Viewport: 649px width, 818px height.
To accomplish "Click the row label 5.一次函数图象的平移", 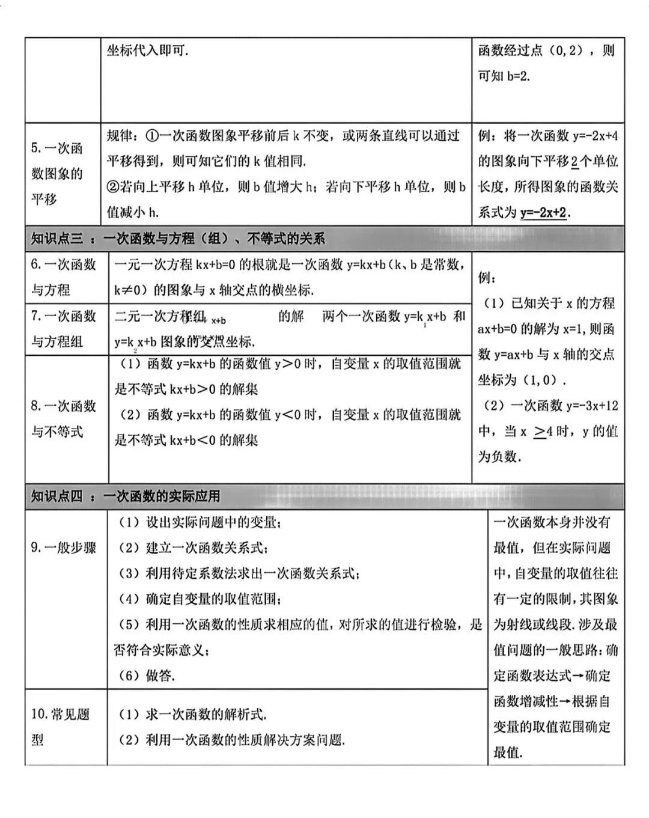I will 57,174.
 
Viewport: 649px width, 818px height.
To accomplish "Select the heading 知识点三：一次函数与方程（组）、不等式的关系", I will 178,239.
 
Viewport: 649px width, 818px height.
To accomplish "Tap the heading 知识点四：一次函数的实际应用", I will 126,496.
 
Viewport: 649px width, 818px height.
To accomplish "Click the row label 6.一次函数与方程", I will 63,276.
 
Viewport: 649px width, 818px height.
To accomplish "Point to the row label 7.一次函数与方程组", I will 63,329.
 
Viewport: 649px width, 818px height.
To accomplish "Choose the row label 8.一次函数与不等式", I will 63,418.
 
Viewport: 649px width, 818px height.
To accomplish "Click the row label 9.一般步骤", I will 63,548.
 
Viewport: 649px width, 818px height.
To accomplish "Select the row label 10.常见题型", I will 60,727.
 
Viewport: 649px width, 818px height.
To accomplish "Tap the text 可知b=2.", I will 504,76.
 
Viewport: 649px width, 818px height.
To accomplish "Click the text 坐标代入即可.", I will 148,51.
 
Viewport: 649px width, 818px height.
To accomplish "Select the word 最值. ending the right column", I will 508,752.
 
